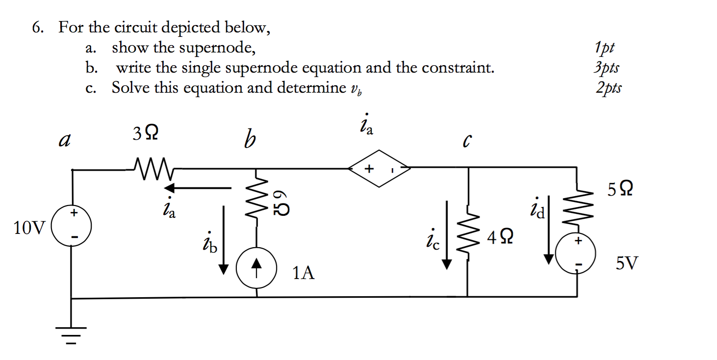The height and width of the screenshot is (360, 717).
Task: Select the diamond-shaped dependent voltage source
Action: (x=379, y=168)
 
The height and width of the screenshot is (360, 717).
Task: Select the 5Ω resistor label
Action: (x=619, y=189)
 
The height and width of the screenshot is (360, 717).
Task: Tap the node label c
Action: (x=467, y=141)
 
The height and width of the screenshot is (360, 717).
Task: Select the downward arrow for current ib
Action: (x=224, y=240)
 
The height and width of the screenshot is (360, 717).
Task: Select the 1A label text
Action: (x=303, y=273)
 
